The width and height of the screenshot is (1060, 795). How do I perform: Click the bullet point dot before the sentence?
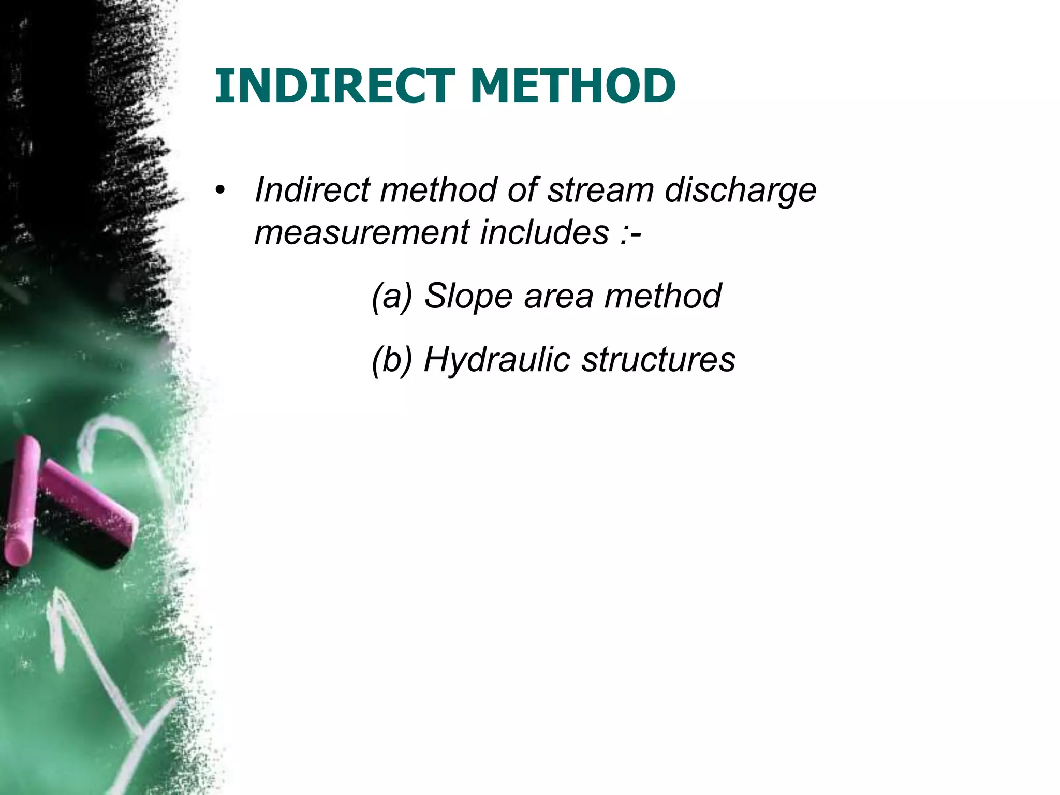click(x=221, y=190)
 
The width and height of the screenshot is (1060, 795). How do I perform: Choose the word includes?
click(x=544, y=232)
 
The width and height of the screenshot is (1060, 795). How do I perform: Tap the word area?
click(x=558, y=297)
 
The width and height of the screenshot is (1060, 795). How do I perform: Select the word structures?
click(x=658, y=360)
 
